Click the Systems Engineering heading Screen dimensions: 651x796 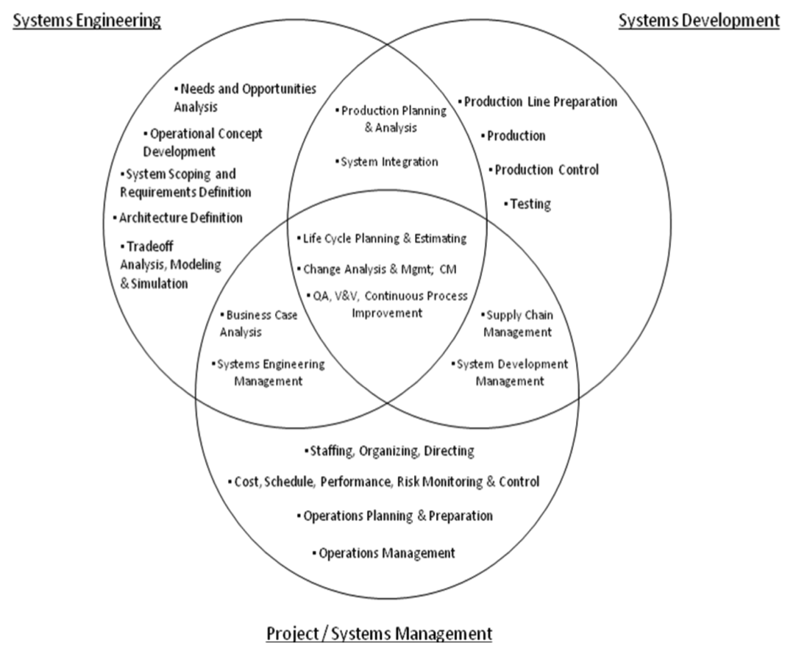pos(87,21)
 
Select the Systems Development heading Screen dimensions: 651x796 pos(698,21)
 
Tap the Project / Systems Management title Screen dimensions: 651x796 pos(378,633)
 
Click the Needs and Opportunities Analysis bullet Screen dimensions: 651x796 pos(245,97)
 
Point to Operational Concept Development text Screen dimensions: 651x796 pos(202,143)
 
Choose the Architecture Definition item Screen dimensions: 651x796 pos(180,218)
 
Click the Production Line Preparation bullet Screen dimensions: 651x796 pos(539,102)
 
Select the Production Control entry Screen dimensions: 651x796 pos(545,170)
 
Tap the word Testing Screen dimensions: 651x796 pos(530,204)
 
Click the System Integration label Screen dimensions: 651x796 pos(388,162)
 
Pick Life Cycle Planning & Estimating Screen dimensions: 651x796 pos(383,238)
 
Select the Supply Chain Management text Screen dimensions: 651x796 pos(518,323)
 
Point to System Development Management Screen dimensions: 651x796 pos(510,372)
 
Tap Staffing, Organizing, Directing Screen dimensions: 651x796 pos(390,451)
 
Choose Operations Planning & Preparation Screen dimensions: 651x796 pos(397,516)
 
